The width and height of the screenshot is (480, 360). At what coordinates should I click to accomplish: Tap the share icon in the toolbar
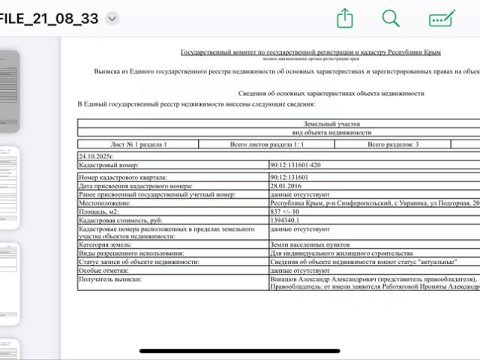pyautogui.click(x=344, y=19)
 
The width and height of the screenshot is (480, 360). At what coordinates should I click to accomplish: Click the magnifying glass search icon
pyautogui.click(x=391, y=19)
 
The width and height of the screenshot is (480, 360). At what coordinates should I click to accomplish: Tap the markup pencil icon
pyautogui.click(x=442, y=19)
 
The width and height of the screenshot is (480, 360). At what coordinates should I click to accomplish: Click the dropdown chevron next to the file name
pyautogui.click(x=112, y=19)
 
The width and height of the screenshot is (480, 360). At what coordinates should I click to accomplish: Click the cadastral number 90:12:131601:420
pyautogui.click(x=295, y=164)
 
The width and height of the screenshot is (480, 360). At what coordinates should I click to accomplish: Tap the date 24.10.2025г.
pyautogui.click(x=96, y=156)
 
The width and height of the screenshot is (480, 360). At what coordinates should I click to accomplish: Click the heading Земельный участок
pyautogui.click(x=332, y=124)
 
